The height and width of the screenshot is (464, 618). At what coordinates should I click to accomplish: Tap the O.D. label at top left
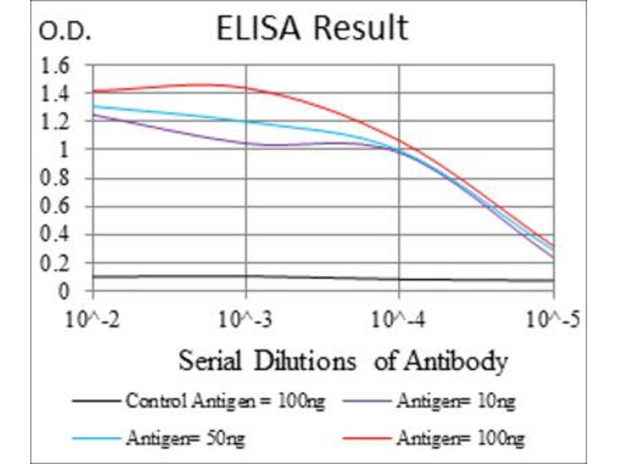[65, 32]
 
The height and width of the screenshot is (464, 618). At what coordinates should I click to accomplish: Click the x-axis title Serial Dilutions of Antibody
[343, 361]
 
